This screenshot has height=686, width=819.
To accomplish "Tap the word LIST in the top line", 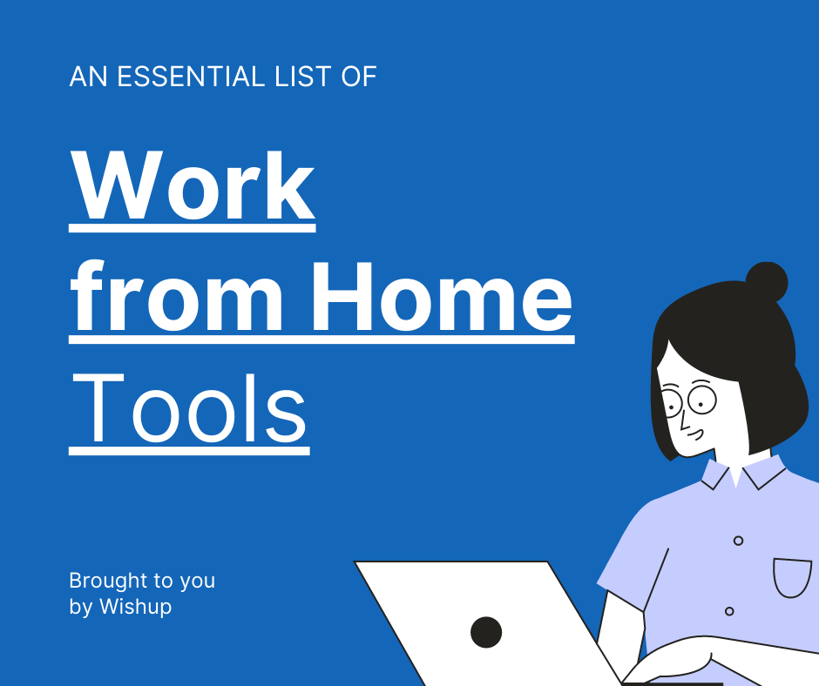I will pyautogui.click(x=293, y=77).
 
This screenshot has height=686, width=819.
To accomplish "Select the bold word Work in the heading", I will pyautogui.click(x=192, y=186).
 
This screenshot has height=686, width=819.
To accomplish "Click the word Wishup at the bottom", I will pyautogui.click(x=135, y=607).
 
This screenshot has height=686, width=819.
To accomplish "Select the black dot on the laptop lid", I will pyautogui.click(x=486, y=632).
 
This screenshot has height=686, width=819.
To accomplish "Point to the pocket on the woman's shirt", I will pyautogui.click(x=792, y=578).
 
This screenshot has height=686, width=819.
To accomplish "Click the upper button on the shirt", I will pyautogui.click(x=738, y=541).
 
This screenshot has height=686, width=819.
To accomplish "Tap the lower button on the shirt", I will pyautogui.click(x=729, y=611).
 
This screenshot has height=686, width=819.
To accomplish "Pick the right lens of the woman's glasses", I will pyautogui.click(x=701, y=400).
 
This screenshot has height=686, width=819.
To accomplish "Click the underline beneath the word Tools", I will pyautogui.click(x=189, y=452).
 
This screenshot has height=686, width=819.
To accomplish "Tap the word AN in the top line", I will pyautogui.click(x=88, y=77).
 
